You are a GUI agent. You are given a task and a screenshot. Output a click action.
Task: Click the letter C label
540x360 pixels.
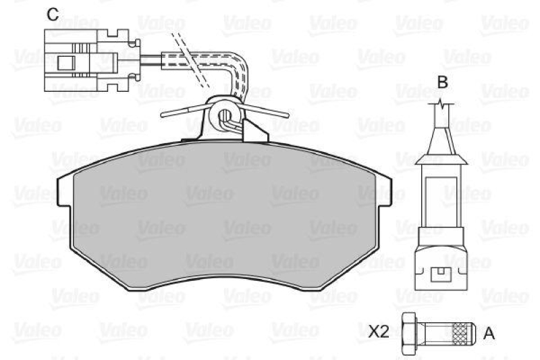click(52, 13)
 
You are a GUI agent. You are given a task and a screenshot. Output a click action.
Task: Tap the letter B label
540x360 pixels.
click(442, 82)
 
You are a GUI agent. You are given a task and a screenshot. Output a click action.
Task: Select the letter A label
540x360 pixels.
click(490, 332)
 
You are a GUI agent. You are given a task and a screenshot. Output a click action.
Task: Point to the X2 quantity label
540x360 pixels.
click(379, 332)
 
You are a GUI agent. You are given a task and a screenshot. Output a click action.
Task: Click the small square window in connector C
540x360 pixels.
click(65, 62)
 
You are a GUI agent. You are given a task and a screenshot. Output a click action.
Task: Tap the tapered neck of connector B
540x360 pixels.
click(441, 155)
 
